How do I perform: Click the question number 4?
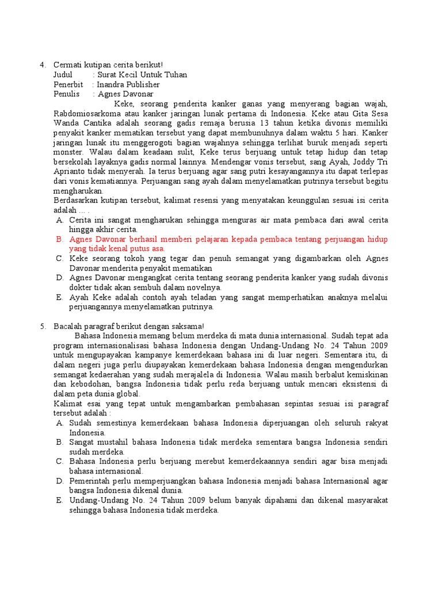pos(42,65)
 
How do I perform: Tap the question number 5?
pos(42,326)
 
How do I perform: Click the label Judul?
pos(63,75)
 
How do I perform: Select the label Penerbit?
pos(68,85)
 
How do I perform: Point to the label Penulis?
pos(66,94)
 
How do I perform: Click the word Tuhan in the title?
pos(175,75)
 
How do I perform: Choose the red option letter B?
pos(59,239)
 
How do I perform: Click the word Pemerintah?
pos(93,481)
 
